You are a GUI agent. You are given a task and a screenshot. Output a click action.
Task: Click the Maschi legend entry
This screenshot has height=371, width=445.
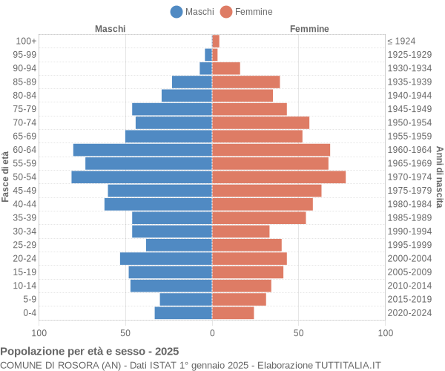point(192,11)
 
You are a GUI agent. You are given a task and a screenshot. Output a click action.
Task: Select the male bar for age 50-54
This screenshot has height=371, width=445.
point(142,177)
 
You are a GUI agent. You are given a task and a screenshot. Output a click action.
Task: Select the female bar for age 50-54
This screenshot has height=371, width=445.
point(279,177)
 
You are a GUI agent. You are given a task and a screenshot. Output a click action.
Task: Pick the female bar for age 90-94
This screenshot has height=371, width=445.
point(226,68)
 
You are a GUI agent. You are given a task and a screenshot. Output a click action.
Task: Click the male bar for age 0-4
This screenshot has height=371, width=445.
point(183,313)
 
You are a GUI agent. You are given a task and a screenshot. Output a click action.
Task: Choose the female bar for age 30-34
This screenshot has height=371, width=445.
point(240,232)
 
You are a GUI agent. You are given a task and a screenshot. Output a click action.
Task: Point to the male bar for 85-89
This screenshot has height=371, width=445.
point(192,82)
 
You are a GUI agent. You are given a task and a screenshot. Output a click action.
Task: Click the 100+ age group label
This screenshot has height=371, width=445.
point(26,41)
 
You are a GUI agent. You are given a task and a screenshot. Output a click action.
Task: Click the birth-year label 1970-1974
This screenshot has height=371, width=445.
point(409,177)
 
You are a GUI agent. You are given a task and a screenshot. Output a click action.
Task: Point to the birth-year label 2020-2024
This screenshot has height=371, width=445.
point(409,313)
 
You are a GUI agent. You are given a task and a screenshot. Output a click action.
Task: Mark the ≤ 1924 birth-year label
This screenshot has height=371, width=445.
point(401,41)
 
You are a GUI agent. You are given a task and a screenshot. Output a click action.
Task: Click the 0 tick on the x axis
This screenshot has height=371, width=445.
point(212,334)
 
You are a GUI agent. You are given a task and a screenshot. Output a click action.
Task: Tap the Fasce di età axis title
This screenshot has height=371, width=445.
point(5,177)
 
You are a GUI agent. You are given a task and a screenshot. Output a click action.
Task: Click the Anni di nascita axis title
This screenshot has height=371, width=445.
point(439,177)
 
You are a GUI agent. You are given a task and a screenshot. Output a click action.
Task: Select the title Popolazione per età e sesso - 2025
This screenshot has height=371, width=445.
point(90,351)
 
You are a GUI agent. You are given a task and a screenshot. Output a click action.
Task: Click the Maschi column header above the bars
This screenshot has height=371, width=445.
point(110,28)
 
